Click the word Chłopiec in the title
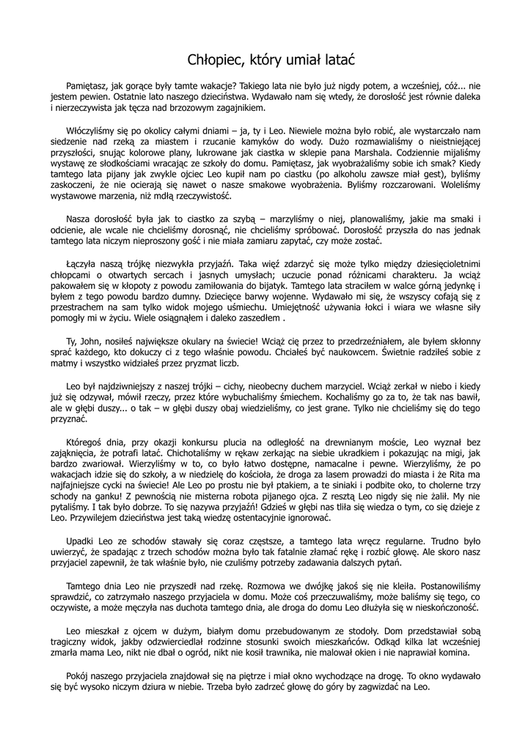(x=209, y=58)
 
